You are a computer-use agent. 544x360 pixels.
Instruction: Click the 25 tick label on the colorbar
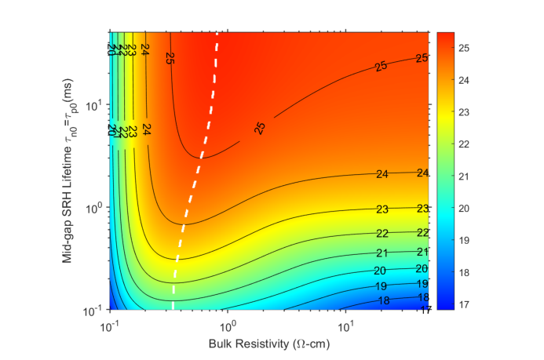point(464,49)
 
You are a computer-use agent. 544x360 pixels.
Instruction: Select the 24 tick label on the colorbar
point(464,80)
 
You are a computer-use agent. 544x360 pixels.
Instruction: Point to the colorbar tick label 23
point(464,111)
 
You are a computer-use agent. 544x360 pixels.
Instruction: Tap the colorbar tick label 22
point(464,144)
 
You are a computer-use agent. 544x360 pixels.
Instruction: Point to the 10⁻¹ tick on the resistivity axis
point(109,324)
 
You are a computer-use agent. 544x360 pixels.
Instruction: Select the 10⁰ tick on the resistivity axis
point(227,324)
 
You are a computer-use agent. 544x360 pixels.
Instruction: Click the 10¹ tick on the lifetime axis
point(93,105)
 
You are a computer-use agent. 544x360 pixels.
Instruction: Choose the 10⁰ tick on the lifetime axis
point(93,208)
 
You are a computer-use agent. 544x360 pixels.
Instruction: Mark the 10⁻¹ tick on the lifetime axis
point(93,311)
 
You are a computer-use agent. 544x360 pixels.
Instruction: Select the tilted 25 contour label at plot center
point(261,128)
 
